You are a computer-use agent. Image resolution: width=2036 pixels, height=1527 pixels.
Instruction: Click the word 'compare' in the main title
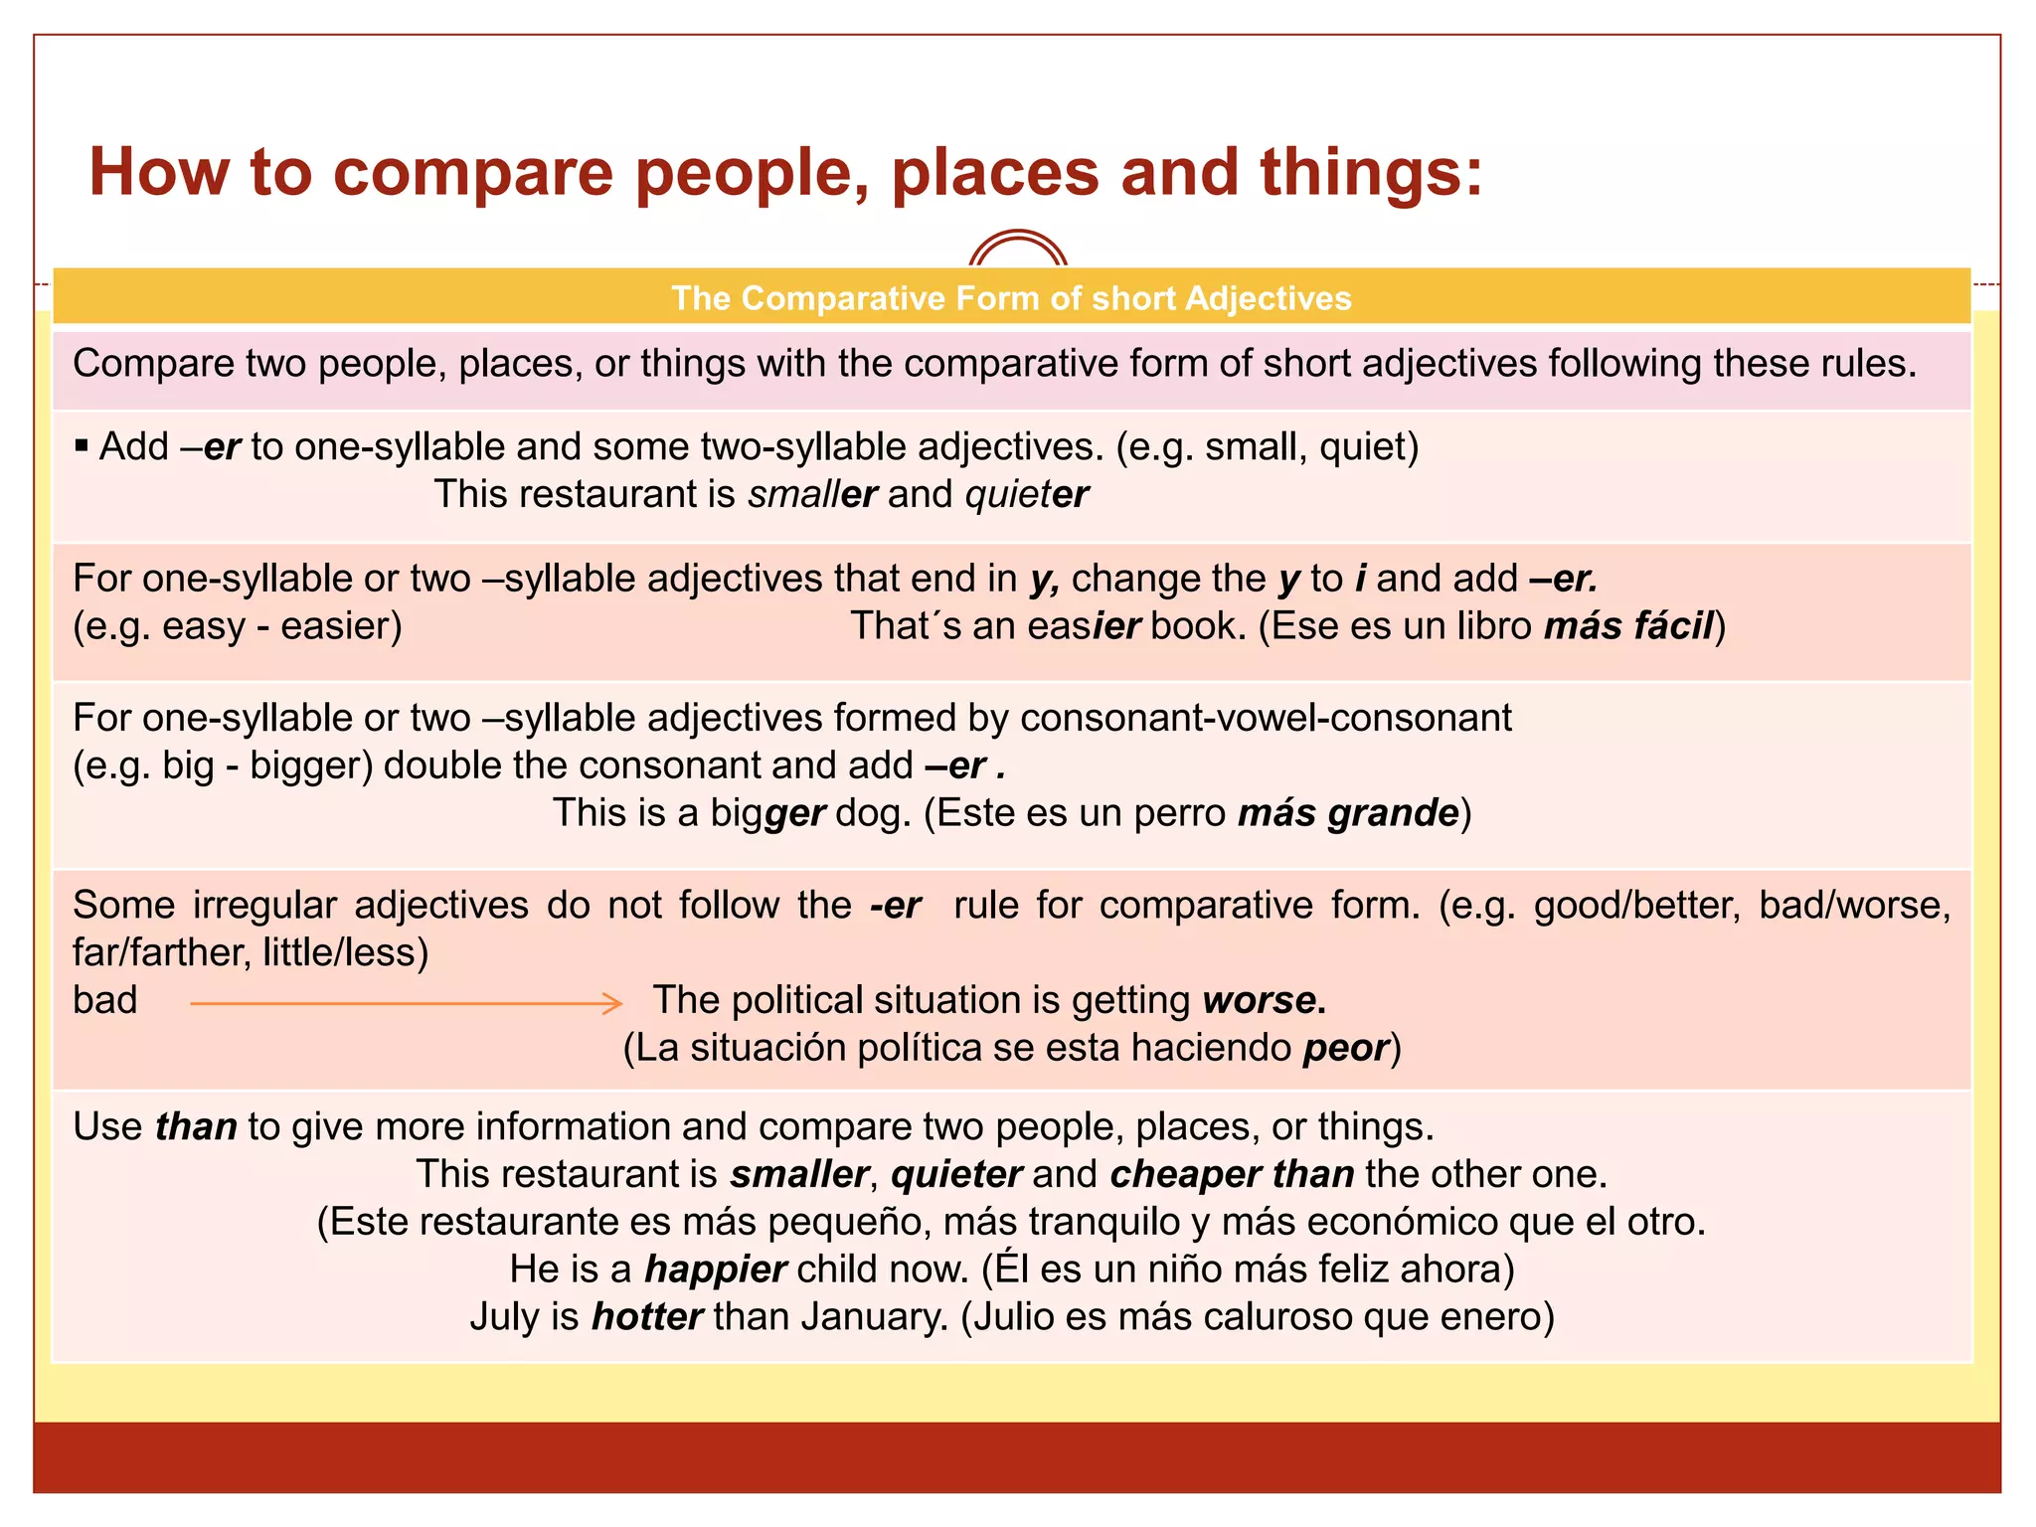click(472, 173)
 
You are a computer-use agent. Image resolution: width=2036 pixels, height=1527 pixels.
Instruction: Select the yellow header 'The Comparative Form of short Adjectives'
click(1011, 298)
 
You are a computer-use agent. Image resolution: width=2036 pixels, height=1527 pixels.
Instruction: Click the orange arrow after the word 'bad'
click(406, 1004)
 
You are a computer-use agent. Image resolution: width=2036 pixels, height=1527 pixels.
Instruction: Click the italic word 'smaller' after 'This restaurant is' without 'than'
click(812, 494)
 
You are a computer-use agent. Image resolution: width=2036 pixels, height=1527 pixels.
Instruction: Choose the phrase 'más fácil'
click(1628, 626)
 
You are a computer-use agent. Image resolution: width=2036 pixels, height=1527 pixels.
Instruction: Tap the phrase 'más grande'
click(1347, 813)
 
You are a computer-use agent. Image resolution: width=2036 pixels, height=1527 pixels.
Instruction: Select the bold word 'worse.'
click(1264, 1000)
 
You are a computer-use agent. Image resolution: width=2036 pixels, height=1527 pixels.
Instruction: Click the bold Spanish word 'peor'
click(1346, 1048)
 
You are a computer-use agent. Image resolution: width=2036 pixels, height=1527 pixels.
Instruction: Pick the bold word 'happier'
click(716, 1270)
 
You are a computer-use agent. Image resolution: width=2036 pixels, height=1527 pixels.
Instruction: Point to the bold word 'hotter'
click(647, 1317)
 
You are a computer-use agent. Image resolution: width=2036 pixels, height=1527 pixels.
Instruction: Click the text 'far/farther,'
click(162, 953)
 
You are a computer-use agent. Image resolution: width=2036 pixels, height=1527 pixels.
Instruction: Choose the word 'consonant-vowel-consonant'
click(1266, 718)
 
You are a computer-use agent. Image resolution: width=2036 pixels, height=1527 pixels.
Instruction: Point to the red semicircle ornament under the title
click(1018, 250)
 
